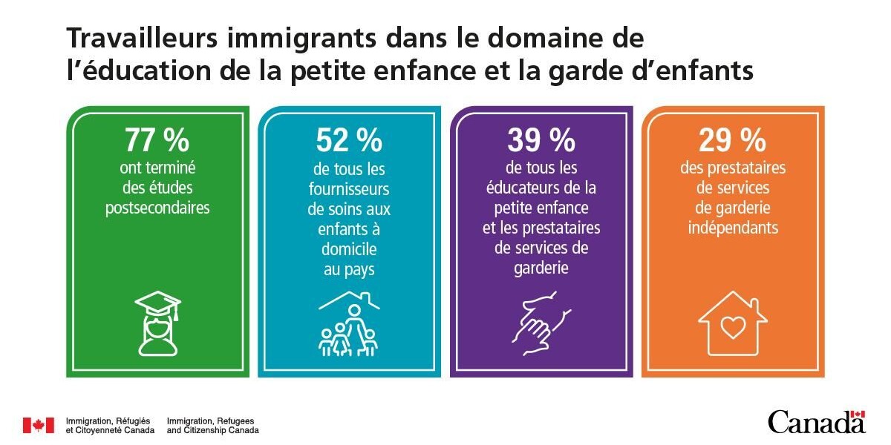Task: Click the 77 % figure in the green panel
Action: tap(157, 139)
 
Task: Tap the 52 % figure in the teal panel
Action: tap(348, 139)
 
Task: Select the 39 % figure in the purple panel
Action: tap(541, 139)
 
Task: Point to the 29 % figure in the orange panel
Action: tap(732, 139)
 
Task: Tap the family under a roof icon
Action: tap(348, 327)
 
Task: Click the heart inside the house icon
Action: tap(732, 326)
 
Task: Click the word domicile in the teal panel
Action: tap(348, 249)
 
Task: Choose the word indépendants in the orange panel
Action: tap(732, 228)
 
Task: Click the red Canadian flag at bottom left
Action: tap(38, 425)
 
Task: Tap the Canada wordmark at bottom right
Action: tap(815, 423)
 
